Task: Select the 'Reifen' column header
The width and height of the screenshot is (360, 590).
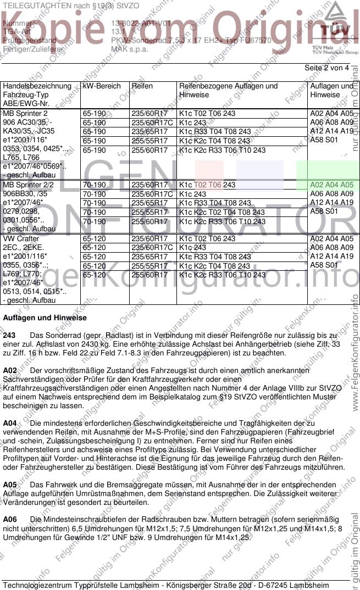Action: [x=142, y=86]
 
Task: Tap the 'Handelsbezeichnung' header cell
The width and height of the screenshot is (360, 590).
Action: [x=37, y=86]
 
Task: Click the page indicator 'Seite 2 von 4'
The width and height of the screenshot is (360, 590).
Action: [x=326, y=68]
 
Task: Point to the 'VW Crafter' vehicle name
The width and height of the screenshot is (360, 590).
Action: [x=21, y=239]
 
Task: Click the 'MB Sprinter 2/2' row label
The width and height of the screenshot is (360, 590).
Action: [x=29, y=185]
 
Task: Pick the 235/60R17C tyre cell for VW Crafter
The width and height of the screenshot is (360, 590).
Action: [x=151, y=248]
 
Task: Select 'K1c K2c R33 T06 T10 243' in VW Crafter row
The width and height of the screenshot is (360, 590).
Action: [x=222, y=275]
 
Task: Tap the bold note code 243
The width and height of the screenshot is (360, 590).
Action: [x=9, y=335]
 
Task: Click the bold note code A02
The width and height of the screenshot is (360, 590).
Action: [x=10, y=371]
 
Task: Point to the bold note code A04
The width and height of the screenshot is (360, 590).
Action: [x=10, y=424]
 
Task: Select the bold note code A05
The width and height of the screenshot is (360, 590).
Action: [x=10, y=485]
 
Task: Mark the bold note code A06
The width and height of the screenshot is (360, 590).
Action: [x=10, y=520]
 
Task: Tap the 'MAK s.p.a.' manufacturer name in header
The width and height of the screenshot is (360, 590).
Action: [x=128, y=49]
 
